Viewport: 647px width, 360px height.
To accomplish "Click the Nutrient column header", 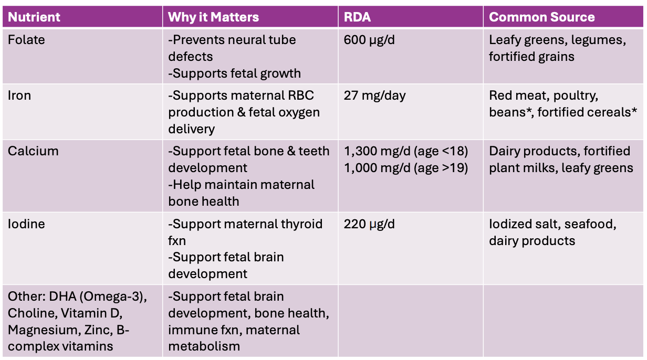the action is tap(34, 17).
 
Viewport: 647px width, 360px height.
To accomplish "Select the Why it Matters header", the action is tap(213, 17).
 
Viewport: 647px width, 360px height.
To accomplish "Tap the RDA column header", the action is tap(357, 17).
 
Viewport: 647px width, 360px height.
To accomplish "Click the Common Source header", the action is tap(541, 17).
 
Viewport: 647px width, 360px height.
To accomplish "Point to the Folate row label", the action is tap(26, 39).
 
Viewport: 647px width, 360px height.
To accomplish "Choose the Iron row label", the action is tap(19, 96).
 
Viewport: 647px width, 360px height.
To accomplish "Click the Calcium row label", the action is tap(33, 151).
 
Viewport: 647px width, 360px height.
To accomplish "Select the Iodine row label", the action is tap(26, 224).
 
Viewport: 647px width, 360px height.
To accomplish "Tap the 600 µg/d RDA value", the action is tap(369, 40).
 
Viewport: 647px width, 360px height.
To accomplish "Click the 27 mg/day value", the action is tap(374, 96).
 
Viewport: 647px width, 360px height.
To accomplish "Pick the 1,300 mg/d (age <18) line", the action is tap(406, 152).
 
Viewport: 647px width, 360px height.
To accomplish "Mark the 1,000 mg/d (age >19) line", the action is tap(406, 168).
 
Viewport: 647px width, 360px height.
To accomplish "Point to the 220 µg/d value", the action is tap(369, 225).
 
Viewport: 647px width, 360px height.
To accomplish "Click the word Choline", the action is tap(33, 313).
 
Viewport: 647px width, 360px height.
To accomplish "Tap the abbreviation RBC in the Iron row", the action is tap(301, 96).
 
